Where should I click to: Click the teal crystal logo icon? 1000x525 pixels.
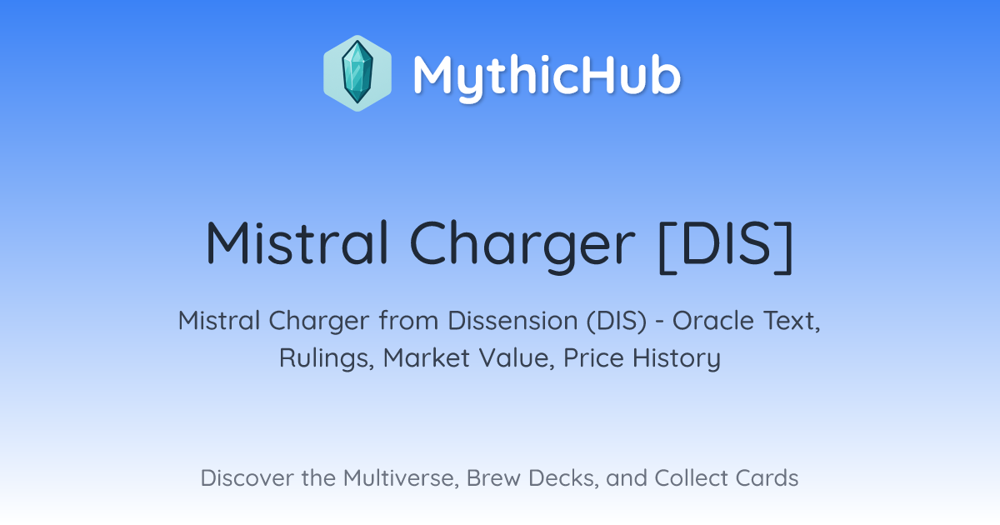(x=357, y=73)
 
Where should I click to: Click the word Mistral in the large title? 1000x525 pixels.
(x=297, y=243)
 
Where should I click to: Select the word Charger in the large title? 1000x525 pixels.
(x=522, y=246)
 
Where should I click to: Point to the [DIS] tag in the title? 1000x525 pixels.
(x=726, y=246)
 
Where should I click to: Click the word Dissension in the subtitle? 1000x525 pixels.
(x=512, y=321)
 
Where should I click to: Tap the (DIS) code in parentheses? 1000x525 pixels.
(x=616, y=321)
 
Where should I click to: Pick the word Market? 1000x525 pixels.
(x=427, y=357)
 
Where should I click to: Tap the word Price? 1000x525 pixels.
(x=593, y=357)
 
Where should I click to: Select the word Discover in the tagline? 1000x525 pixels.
(x=247, y=478)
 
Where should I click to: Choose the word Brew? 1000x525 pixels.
(x=492, y=478)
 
